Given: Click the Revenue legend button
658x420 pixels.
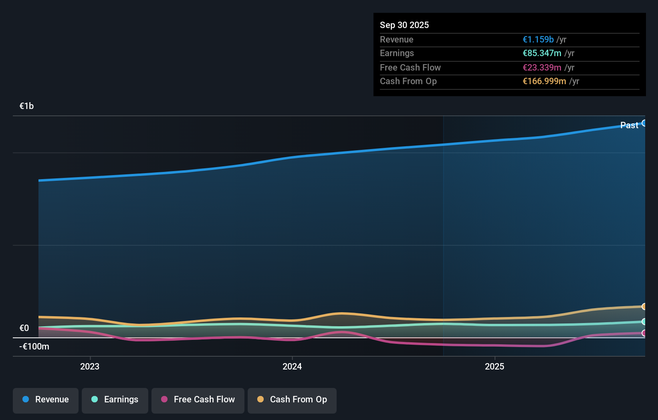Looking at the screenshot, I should (x=46, y=400).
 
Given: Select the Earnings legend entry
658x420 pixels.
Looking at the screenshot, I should (x=115, y=400).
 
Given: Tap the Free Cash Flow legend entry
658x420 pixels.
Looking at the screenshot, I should (x=198, y=400).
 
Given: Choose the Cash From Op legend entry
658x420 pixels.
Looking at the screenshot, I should (x=292, y=400).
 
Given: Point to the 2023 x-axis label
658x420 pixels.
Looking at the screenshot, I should (x=90, y=366).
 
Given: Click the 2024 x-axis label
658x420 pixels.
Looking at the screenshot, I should (x=292, y=366).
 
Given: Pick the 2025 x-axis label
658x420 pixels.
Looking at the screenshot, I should (x=495, y=366).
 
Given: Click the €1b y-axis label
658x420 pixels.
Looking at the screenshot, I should (x=26, y=106).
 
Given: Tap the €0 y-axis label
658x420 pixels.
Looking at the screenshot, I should (x=24, y=328).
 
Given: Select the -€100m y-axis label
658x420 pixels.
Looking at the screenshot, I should (x=34, y=347).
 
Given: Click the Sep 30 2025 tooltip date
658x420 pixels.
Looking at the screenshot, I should (x=404, y=25).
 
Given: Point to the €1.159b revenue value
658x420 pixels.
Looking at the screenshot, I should (x=538, y=39).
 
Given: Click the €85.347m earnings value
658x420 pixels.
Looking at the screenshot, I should (x=541, y=53).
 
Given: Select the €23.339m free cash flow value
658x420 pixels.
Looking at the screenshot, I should (x=541, y=67).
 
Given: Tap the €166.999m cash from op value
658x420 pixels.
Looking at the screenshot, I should (x=544, y=81).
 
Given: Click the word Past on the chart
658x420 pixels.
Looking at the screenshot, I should (x=629, y=125).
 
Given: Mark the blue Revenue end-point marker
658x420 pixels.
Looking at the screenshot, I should (x=644, y=123).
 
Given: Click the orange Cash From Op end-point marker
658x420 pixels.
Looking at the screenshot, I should (x=644, y=307).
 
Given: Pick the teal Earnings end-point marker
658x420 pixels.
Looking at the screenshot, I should (x=644, y=321).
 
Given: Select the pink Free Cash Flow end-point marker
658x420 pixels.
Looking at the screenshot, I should (x=644, y=333).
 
